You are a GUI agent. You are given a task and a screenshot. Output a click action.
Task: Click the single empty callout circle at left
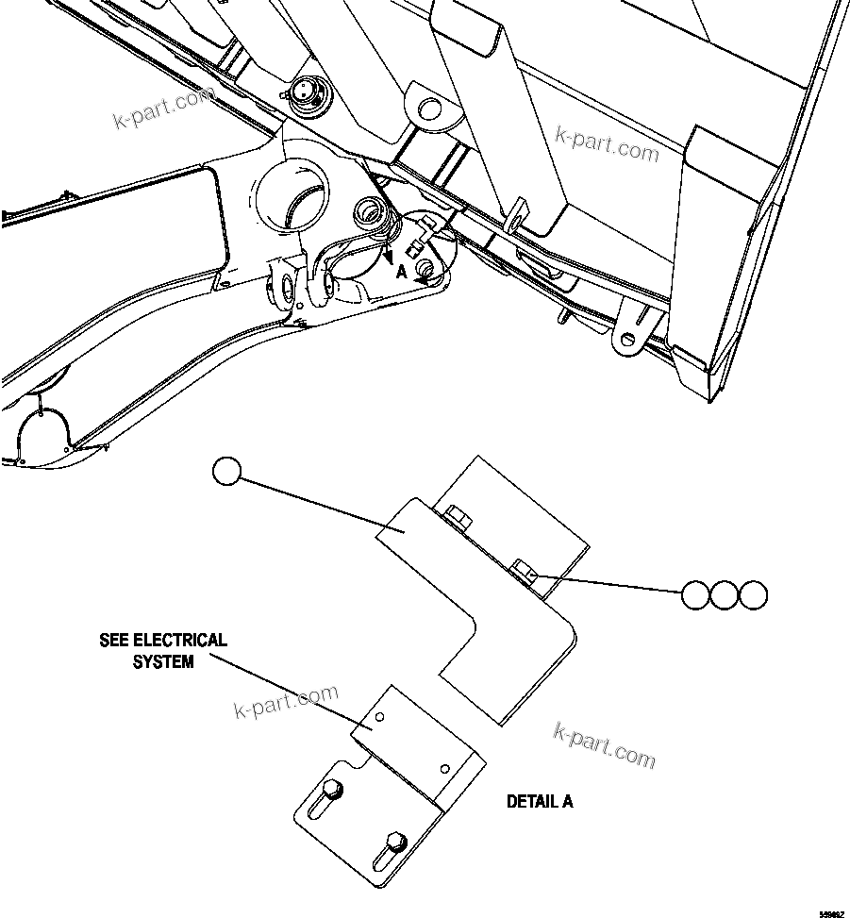227,471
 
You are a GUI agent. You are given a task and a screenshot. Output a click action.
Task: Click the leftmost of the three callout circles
696,595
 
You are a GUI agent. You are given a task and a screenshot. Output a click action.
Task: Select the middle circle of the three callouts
725,595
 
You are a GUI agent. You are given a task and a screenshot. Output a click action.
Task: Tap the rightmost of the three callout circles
753,595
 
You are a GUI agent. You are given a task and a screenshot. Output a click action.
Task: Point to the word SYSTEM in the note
162,662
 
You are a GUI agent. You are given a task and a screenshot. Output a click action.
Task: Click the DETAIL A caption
539,802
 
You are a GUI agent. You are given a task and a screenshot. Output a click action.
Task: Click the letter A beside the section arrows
400,271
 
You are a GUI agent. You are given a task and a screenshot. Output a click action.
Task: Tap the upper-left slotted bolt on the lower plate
331,790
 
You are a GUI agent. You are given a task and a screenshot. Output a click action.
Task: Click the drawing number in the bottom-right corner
830,912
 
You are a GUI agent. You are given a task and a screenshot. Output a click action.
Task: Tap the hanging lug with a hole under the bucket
628,336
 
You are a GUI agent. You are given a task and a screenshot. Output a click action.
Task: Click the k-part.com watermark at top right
607,142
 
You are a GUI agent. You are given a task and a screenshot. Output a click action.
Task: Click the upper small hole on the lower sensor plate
379,718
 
